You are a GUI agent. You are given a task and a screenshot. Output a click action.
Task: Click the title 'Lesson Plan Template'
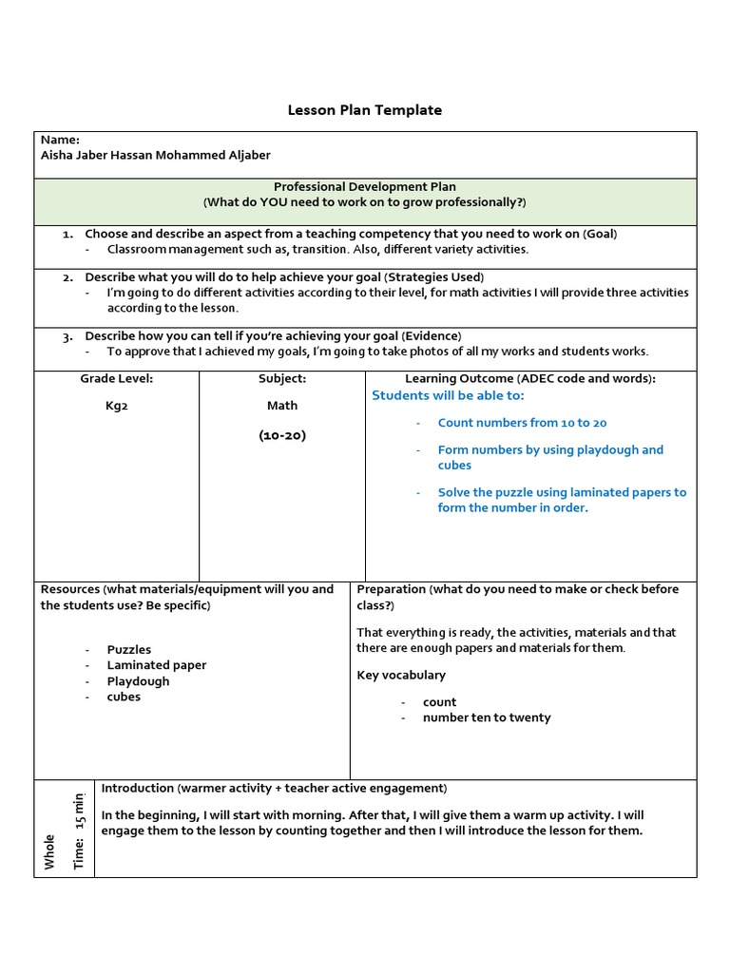[364, 110]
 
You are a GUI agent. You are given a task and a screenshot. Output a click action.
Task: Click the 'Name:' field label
[60, 140]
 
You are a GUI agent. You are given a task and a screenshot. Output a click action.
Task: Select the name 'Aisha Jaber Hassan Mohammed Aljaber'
[155, 155]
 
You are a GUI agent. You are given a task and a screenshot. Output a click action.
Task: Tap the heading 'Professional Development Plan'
[365, 187]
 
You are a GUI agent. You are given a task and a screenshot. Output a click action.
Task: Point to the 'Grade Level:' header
[116, 378]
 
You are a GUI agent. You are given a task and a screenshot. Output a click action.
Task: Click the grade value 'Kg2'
[116, 405]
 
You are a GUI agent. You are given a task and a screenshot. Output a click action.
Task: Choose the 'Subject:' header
[282, 378]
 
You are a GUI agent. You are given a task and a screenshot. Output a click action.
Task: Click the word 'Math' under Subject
[282, 405]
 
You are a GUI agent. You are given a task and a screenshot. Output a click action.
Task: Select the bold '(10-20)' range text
[282, 435]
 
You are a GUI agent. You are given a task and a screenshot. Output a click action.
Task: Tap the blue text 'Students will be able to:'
[448, 395]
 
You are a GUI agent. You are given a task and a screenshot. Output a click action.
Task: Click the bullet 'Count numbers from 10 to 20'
[522, 423]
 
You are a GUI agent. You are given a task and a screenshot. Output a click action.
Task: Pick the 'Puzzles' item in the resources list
[129, 650]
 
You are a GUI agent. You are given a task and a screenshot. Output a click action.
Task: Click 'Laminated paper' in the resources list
[157, 665]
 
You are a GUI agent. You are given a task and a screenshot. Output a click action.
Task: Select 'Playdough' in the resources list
[138, 681]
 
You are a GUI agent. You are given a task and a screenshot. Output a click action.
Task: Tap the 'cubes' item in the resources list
[124, 696]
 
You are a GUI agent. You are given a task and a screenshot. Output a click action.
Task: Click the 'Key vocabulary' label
[401, 675]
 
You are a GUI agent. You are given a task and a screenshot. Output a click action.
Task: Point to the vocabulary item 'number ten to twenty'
[487, 717]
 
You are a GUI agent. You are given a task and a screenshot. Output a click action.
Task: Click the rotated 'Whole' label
[49, 851]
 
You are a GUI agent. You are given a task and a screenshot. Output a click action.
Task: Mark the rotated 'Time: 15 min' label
[79, 829]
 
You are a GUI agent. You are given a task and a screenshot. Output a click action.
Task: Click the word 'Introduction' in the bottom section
[138, 788]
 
